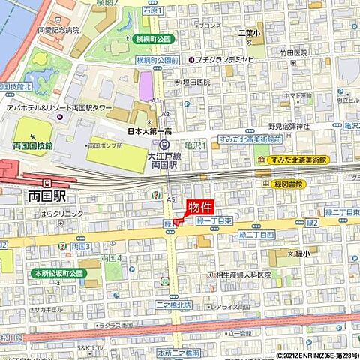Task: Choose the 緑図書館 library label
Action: click(x=289, y=184)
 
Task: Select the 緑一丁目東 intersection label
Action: click(x=218, y=221)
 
